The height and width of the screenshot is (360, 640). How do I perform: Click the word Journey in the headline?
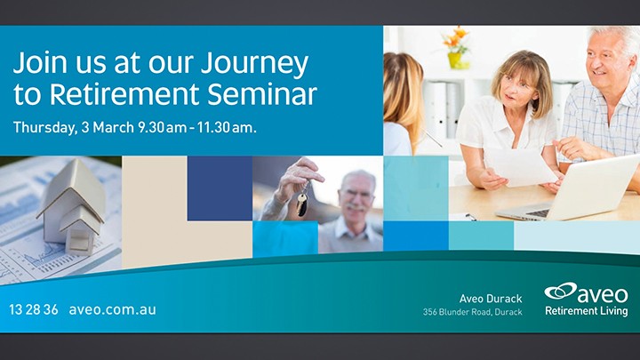click(254, 65)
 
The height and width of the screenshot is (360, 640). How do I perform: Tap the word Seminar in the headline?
click(262, 94)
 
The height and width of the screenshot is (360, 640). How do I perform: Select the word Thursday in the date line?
click(45, 128)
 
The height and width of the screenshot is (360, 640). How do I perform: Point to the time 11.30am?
click(227, 127)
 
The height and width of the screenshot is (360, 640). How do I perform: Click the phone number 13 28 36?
click(34, 309)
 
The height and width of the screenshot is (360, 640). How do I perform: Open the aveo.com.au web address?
click(112, 309)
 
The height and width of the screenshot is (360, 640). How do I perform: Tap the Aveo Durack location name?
click(491, 299)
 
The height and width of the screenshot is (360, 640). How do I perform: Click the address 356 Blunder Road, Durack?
click(472, 312)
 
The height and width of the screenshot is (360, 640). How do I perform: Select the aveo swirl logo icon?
click(560, 291)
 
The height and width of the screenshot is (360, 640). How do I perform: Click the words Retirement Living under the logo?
click(586, 311)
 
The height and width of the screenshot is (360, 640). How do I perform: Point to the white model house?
click(73, 208)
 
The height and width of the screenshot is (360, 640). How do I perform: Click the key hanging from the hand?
click(302, 203)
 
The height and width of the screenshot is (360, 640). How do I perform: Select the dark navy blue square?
click(220, 188)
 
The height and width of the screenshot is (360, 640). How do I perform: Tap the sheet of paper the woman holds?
click(519, 166)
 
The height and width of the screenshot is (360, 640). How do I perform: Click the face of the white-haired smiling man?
click(605, 61)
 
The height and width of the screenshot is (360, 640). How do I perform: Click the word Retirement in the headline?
click(125, 94)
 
